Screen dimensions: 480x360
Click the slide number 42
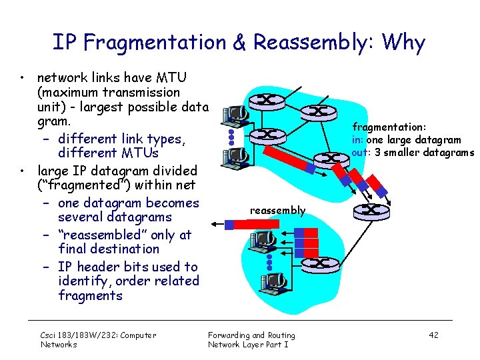[x=433, y=335]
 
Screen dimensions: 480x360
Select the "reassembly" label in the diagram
[x=277, y=211]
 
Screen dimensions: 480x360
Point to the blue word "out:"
[x=361, y=152]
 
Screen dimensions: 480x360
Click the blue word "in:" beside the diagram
[x=359, y=139]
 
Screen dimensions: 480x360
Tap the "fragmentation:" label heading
[x=389, y=127]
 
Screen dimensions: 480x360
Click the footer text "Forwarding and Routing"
[x=251, y=335]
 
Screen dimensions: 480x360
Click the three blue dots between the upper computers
[x=231, y=136]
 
